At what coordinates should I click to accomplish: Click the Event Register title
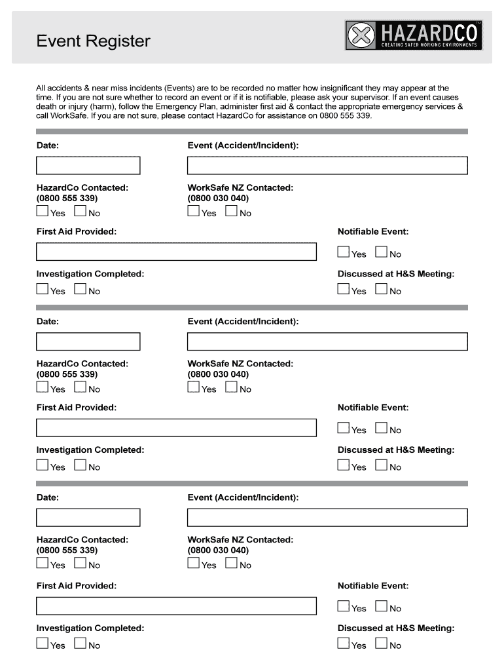point(93,41)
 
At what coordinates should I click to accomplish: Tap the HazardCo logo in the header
point(414,35)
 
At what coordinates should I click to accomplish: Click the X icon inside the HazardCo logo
point(360,35)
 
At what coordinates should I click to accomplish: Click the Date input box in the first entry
point(88,166)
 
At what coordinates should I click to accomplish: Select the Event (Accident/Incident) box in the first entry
point(327,166)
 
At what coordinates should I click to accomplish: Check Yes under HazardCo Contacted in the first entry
point(43,211)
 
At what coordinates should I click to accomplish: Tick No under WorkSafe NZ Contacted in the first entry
point(231,211)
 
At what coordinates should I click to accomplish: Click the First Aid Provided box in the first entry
point(176,252)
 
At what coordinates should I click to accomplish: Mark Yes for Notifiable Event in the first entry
point(344,252)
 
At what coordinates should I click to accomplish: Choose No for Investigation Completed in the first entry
point(81,289)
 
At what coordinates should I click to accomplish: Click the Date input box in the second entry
point(88,341)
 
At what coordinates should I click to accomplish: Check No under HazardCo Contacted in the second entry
point(81,387)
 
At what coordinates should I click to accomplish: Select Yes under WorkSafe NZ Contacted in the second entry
point(193,387)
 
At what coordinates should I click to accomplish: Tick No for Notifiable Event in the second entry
point(382,428)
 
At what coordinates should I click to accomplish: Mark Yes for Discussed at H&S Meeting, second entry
point(344,465)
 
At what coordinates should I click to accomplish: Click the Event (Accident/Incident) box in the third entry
point(327,518)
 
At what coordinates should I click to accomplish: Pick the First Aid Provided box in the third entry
point(176,606)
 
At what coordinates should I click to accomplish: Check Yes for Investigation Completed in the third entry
point(43,643)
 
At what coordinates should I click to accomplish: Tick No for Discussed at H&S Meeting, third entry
point(382,643)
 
